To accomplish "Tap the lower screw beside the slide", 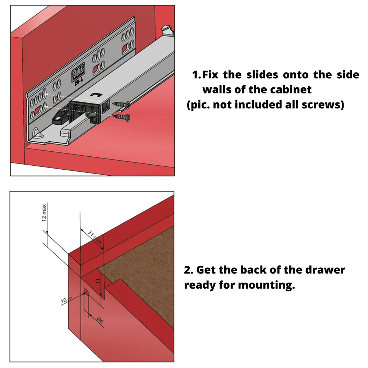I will coord(123,116).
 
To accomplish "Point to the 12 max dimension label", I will coord(44,213).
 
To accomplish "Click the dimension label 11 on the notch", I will coord(97,281).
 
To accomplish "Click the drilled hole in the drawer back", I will coord(86,292).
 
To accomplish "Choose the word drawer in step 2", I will coord(323,270).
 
